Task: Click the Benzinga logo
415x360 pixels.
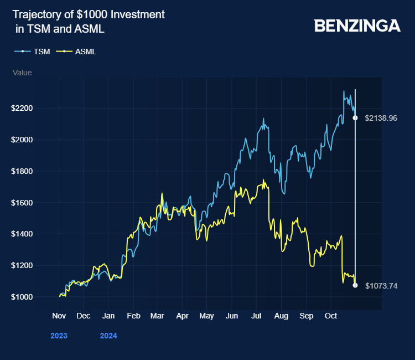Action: point(357,25)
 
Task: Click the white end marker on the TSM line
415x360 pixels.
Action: point(355,118)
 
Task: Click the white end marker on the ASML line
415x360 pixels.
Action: point(355,285)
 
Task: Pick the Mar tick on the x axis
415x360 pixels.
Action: point(157,316)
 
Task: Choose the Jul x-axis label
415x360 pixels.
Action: point(256,316)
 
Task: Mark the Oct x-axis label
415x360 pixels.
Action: point(330,316)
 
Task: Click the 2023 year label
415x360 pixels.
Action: point(59,336)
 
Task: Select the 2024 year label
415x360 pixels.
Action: point(108,336)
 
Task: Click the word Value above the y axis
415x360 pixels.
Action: point(22,73)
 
